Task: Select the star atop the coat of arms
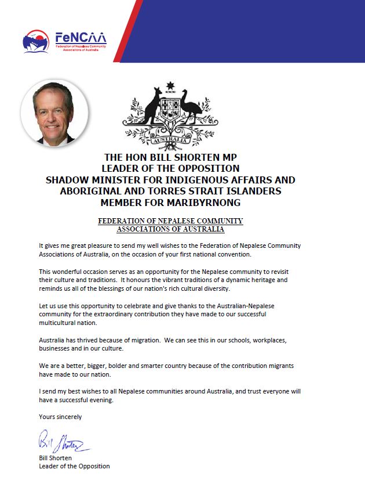[x=170, y=88]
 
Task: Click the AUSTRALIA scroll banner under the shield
[x=170, y=140]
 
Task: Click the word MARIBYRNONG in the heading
[x=206, y=203]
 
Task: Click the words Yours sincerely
[x=60, y=417]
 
